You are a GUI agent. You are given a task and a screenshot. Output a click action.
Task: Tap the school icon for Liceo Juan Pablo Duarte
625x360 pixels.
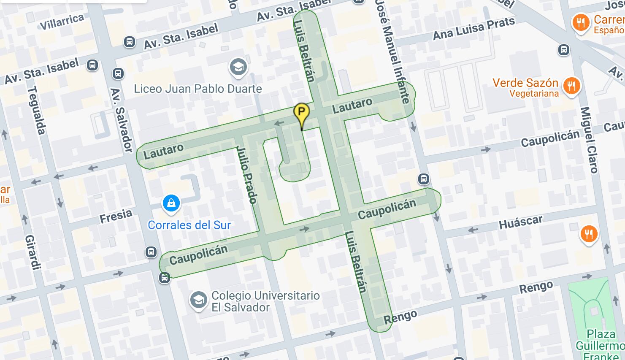238,67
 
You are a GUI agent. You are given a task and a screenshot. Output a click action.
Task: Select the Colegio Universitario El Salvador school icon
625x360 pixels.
198,300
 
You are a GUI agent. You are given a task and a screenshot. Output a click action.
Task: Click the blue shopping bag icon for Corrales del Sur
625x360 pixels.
171,203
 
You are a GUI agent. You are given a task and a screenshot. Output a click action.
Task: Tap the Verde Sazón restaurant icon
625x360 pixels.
571,86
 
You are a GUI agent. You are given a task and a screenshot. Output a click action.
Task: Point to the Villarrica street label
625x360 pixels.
62,22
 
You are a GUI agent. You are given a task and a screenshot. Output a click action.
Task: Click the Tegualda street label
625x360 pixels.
36,110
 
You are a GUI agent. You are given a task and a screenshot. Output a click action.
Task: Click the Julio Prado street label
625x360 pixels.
247,174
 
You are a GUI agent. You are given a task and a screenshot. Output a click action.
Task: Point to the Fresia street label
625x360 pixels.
116,216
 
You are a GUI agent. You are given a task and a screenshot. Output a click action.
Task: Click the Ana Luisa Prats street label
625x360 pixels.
473,28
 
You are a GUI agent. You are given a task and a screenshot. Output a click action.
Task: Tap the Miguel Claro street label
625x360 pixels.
589,140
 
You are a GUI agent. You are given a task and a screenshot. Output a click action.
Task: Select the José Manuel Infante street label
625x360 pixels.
393,51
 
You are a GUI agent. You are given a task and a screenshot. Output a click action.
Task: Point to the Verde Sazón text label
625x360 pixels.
525,83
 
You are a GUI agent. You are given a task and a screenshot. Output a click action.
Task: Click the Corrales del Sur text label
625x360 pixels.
189,225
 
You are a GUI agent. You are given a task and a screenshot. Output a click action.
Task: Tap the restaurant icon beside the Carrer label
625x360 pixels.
581,23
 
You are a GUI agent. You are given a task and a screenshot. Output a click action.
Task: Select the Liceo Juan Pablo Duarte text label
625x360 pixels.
198,89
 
